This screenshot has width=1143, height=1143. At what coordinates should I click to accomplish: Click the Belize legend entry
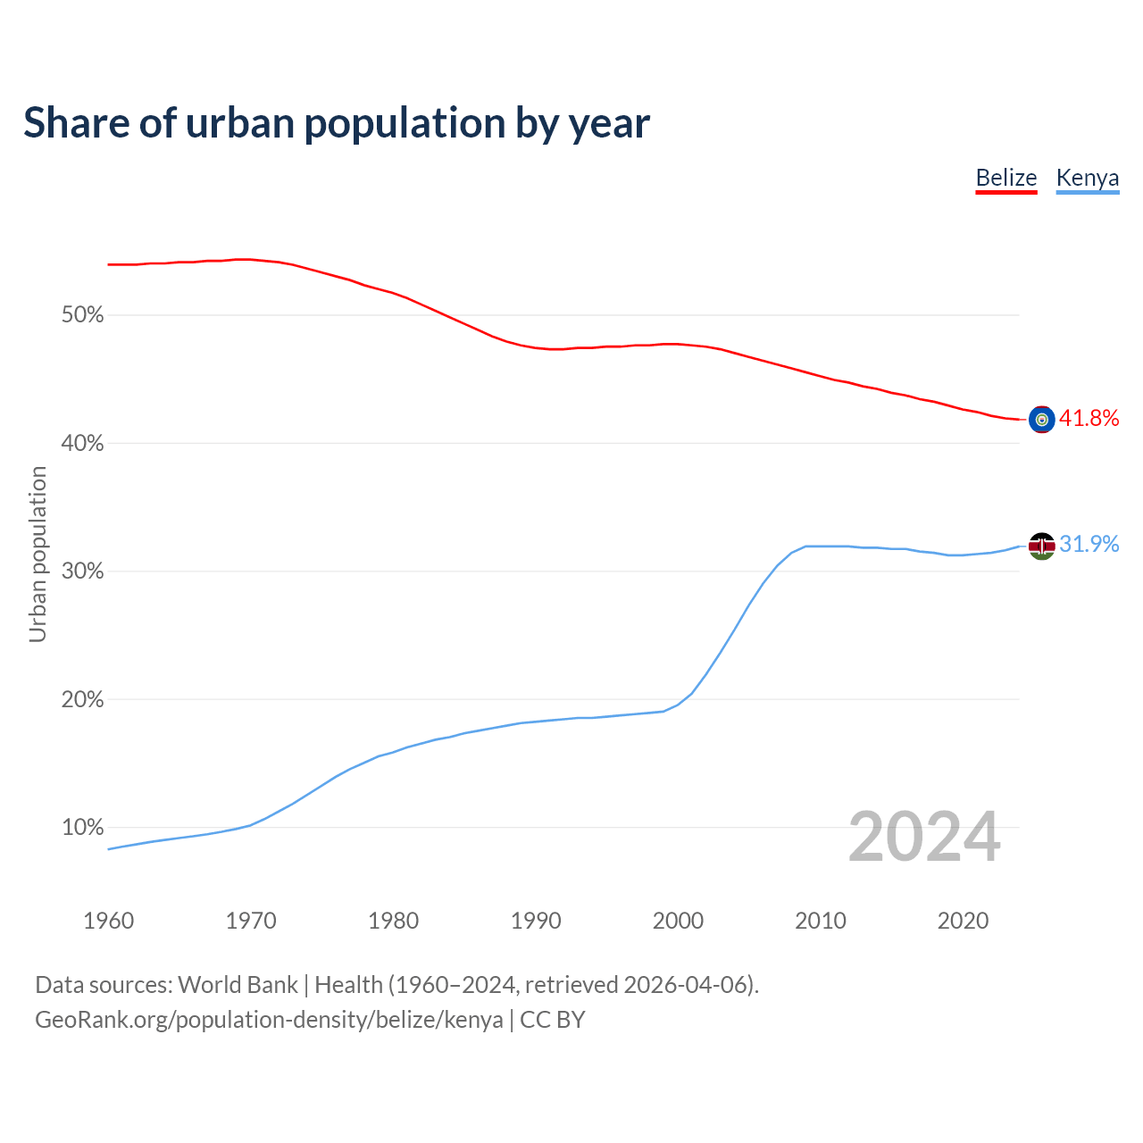[x=1005, y=178]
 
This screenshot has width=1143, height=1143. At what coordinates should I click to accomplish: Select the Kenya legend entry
[x=1087, y=178]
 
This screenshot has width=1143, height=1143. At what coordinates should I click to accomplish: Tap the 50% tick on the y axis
[x=82, y=315]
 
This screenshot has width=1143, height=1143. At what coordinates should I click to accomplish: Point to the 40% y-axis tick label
[x=82, y=444]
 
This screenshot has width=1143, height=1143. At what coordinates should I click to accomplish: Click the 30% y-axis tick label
[x=82, y=571]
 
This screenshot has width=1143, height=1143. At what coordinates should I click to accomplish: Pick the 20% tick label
[x=82, y=700]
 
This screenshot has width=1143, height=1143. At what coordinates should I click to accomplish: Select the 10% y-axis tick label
[x=82, y=828]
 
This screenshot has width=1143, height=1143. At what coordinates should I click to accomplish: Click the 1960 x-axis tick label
[x=108, y=921]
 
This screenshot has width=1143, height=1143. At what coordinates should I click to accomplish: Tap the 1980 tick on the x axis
[x=393, y=921]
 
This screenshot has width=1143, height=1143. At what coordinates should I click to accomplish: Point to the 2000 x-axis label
[x=678, y=921]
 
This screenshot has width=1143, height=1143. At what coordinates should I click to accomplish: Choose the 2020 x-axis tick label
[x=963, y=921]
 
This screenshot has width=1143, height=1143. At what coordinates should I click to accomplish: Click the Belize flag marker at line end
[x=1041, y=419]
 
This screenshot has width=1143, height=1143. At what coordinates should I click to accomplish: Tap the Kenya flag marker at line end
[x=1041, y=545]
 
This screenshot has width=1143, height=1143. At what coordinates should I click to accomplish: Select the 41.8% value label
[x=1089, y=418]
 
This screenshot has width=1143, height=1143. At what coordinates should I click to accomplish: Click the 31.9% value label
[x=1089, y=544]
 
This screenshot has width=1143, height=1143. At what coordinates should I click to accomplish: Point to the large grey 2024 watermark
[x=924, y=837]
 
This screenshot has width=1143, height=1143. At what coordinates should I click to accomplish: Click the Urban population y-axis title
[x=38, y=555]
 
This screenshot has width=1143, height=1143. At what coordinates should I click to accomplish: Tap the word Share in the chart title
[x=75, y=122]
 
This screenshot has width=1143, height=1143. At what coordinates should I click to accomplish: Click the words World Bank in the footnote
[x=238, y=985]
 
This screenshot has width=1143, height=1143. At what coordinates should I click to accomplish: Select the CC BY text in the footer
[x=552, y=1020]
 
